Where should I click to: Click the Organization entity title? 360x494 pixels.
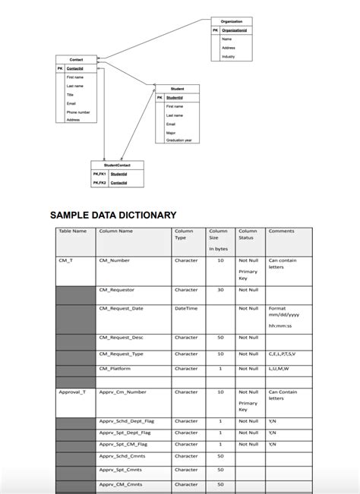(232, 21)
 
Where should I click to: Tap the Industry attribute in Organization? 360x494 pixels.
(228, 57)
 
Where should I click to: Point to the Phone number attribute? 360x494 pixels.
(78, 112)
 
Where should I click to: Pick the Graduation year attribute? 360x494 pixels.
(178, 140)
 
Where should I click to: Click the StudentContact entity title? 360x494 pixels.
(116, 165)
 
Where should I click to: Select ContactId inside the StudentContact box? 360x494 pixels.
(118, 183)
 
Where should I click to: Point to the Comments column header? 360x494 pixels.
(281, 231)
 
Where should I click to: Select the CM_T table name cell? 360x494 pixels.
(66, 260)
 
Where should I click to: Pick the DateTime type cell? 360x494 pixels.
(186, 308)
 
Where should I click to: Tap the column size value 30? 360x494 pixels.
(220, 290)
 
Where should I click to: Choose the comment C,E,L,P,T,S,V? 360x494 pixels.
(283, 354)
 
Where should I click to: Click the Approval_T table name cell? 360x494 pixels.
(72, 392)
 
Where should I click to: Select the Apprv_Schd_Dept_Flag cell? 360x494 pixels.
(127, 421)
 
